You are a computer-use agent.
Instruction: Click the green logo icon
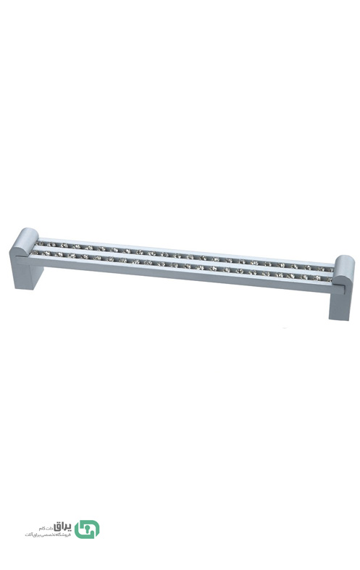(87, 529)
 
